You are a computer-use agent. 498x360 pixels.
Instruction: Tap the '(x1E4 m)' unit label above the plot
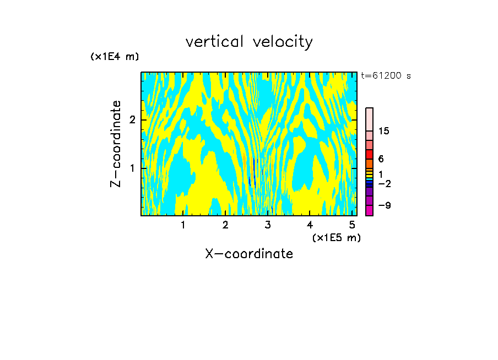point(115,57)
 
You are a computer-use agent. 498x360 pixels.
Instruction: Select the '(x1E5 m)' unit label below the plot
point(336,237)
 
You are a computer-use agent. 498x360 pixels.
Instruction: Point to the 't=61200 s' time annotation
point(386,76)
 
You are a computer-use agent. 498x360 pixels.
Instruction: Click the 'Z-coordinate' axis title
point(116,144)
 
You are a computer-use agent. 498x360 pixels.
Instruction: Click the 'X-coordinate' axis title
point(249,254)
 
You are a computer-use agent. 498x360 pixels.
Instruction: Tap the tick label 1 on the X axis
point(183,225)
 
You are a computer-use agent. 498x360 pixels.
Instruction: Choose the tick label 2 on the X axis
point(225,225)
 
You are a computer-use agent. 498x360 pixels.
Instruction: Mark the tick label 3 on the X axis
point(268,225)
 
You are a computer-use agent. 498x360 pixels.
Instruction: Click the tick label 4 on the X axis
point(310,225)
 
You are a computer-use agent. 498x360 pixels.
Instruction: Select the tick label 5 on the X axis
point(352,225)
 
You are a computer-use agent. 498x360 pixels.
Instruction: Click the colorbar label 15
point(384,131)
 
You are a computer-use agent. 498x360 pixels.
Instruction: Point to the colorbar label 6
point(381,159)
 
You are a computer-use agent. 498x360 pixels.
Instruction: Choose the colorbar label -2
point(384,183)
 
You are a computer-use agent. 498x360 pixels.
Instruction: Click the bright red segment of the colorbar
point(369,154)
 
